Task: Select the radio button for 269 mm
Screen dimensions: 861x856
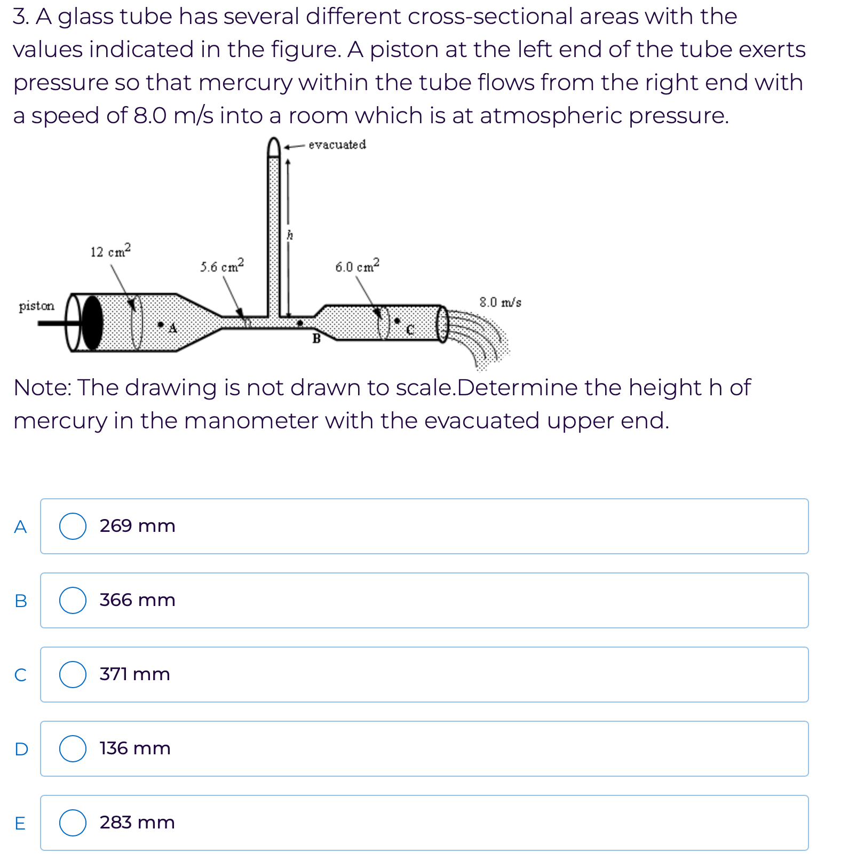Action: (73, 527)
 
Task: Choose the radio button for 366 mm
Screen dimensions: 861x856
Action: (73, 601)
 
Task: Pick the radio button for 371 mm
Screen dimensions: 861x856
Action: (73, 674)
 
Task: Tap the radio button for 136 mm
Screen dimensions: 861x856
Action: (73, 748)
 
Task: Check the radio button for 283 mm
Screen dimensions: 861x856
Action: (73, 823)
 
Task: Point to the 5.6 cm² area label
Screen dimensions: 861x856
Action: (222, 266)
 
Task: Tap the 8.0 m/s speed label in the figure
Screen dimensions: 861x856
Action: (500, 302)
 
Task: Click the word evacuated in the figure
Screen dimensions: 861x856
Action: (337, 145)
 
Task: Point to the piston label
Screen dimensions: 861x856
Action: (36, 306)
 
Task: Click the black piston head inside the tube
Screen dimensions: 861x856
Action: (92, 323)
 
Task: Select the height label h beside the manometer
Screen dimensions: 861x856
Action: (290, 235)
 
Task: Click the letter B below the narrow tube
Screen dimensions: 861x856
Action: (316, 338)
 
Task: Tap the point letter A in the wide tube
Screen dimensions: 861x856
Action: (172, 329)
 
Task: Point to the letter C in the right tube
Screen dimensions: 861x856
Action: (409, 330)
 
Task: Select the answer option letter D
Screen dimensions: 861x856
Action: (21, 749)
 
